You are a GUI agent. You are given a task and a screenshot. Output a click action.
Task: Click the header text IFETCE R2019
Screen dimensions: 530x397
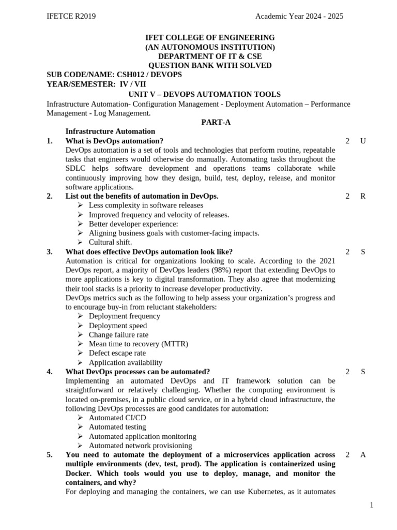[x=71, y=17]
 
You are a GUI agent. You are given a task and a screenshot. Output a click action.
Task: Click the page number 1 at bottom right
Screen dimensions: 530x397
[x=372, y=505]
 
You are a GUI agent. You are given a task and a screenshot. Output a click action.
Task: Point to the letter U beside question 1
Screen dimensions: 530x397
[x=363, y=141]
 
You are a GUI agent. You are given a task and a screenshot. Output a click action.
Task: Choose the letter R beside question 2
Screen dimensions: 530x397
[x=363, y=196]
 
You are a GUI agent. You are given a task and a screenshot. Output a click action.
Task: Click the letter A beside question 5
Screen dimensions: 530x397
[x=363, y=454]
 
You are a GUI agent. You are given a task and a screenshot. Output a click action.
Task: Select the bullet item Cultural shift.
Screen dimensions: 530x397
[x=110, y=242]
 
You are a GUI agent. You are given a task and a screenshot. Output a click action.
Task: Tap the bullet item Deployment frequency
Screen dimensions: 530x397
[x=124, y=316]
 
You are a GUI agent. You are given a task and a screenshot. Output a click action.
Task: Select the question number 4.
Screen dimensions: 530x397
[x=50, y=372]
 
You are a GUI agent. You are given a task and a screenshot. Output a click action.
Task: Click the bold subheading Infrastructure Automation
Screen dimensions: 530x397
[x=110, y=131]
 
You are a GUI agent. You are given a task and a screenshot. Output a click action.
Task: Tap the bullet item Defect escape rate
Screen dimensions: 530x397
[x=117, y=353]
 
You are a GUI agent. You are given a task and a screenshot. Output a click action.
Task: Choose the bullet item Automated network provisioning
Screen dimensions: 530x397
[x=140, y=446]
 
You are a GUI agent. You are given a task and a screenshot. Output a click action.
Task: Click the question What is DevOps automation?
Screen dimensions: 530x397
[x=114, y=141]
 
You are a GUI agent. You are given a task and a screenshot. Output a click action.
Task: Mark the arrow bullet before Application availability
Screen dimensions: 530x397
[x=80, y=362]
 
